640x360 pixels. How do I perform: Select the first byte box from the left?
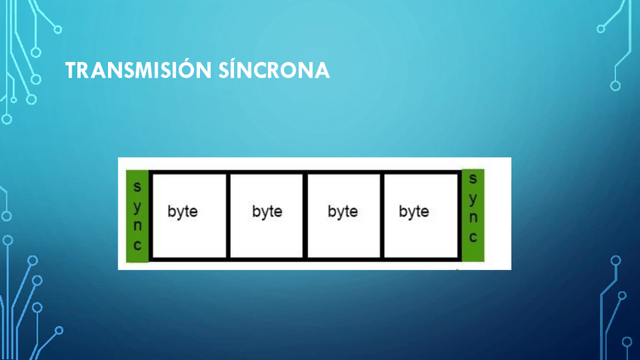coord(189,216)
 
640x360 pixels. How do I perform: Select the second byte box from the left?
coord(266,216)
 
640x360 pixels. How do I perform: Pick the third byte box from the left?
coord(343,216)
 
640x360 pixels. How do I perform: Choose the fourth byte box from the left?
coord(420,216)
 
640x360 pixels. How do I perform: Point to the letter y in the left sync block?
coord(137,205)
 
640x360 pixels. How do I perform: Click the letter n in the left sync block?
coord(137,225)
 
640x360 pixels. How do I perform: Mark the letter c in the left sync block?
coord(137,245)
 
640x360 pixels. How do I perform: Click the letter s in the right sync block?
coord(473,179)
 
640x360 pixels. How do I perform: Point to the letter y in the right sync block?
coord(473,198)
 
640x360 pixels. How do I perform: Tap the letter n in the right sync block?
coord(473,217)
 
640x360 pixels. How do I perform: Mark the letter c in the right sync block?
coord(473,237)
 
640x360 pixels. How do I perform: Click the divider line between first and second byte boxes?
coord(228,216)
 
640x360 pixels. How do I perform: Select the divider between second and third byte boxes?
coord(305,216)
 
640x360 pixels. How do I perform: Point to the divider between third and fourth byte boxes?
coord(382,216)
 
